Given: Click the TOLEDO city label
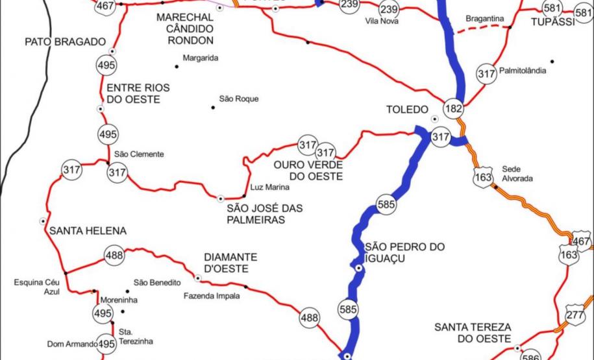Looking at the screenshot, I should click(x=407, y=110).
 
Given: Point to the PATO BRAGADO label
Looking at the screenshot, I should click(x=65, y=42).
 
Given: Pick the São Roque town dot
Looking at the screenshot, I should click(x=212, y=107).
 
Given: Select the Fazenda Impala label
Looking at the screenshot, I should click(x=211, y=296).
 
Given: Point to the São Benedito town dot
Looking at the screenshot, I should click(x=127, y=291).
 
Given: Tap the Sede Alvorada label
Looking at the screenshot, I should click(x=517, y=172).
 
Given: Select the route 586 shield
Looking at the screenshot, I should click(x=531, y=355).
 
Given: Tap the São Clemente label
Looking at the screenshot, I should click(x=139, y=154).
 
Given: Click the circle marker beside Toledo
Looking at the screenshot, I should click(x=434, y=119).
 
